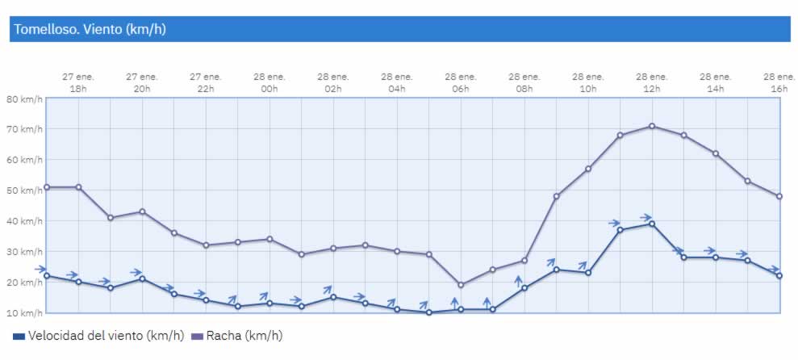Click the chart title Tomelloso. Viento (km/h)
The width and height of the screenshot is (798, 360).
[90, 30]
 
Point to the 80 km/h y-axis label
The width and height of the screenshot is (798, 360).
[24, 98]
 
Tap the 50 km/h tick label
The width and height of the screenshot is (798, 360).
[24, 190]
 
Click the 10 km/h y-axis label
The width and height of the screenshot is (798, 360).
[24, 312]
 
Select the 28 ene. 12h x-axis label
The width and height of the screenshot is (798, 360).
[652, 82]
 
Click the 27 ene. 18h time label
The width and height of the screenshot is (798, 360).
[78, 82]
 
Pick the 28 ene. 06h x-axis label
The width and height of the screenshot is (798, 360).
[461, 82]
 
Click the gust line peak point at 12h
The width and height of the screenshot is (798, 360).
[652, 126]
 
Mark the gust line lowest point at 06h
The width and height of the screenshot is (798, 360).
[461, 285]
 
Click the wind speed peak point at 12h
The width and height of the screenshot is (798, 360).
[652, 224]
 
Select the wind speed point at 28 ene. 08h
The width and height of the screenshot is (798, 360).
[524, 288]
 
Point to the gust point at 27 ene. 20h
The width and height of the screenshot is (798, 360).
[142, 211]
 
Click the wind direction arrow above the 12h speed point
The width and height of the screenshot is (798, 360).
[646, 217]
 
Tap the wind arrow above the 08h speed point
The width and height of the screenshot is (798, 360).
[519, 281]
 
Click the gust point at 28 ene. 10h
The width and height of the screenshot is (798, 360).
[588, 169]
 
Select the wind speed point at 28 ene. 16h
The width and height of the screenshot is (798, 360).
[779, 276]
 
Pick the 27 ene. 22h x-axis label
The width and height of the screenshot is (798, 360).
[206, 82]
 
